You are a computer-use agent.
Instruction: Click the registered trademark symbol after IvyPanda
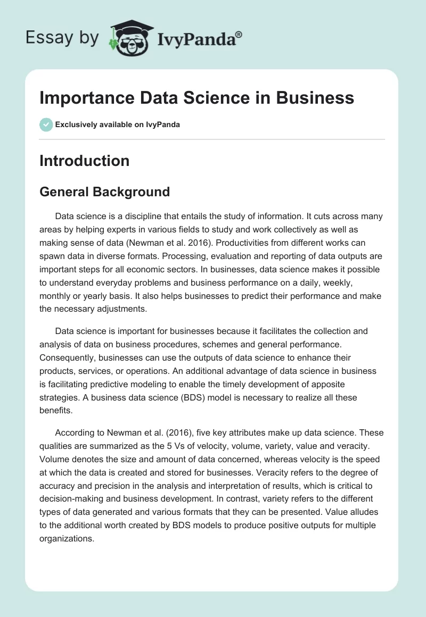[239, 35]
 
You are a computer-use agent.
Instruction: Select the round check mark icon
[46, 124]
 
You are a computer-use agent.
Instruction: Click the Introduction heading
[84, 161]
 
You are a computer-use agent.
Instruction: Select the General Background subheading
[104, 191]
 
